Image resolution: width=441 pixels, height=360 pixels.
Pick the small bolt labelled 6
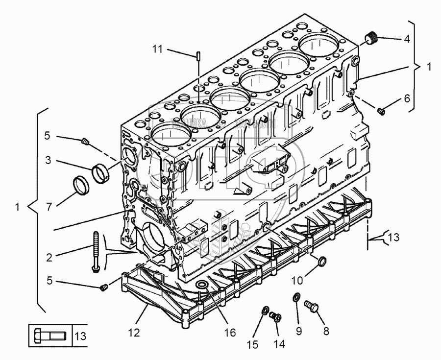tap(381, 111)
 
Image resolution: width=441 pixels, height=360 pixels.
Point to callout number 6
tap(406, 98)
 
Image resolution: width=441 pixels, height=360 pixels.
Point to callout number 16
tap(230, 333)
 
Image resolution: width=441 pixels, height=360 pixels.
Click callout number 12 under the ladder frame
tap(134, 333)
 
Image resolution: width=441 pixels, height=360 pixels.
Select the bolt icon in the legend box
tap(49, 336)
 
